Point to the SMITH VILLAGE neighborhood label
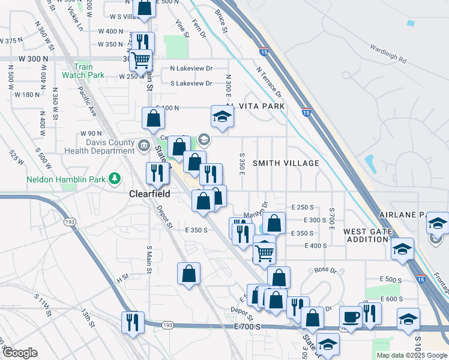coord(285,163)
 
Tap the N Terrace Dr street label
coord(268,82)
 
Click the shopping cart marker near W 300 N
coord(140,60)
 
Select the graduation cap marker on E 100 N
coord(221,116)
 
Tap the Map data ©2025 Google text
coord(412,355)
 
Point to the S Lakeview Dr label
coord(191,83)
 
